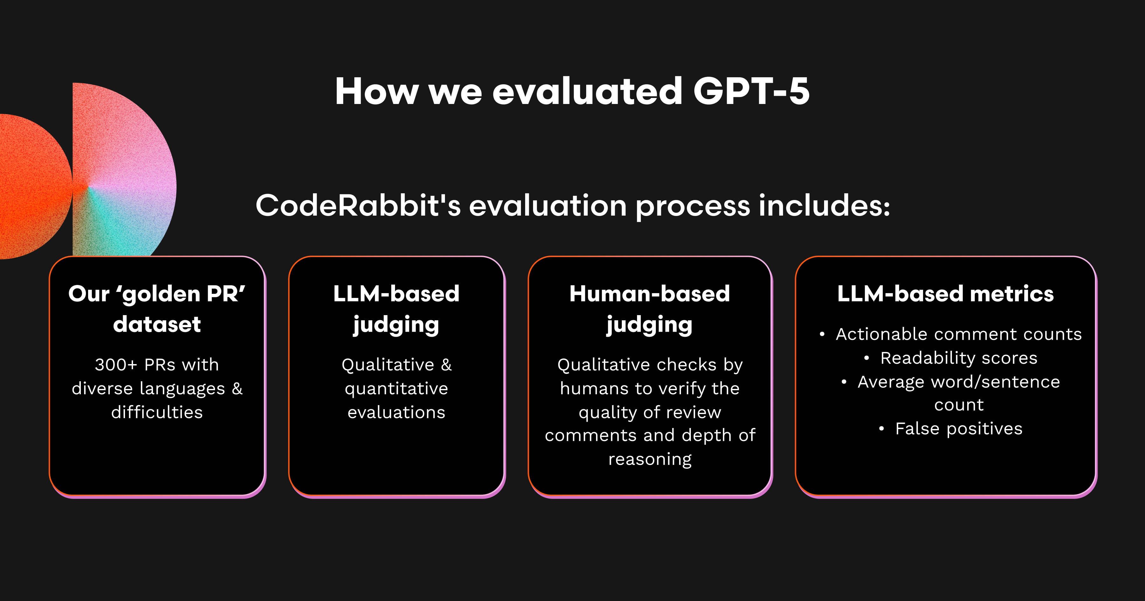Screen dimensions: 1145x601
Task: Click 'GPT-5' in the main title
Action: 751,91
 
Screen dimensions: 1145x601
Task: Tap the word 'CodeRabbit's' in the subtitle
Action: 358,205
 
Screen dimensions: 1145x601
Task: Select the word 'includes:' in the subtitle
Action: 824,205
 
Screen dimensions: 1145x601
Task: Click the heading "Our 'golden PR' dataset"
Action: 157,308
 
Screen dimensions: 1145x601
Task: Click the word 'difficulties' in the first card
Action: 157,412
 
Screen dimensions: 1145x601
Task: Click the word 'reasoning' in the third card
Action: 650,459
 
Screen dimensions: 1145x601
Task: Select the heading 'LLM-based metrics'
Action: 946,294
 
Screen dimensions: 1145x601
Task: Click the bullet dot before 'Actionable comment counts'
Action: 822,334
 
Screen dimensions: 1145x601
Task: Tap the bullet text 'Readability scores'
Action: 959,358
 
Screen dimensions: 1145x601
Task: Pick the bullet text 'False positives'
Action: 959,429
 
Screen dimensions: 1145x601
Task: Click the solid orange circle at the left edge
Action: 33,187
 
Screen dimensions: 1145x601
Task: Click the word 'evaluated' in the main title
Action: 587,91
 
